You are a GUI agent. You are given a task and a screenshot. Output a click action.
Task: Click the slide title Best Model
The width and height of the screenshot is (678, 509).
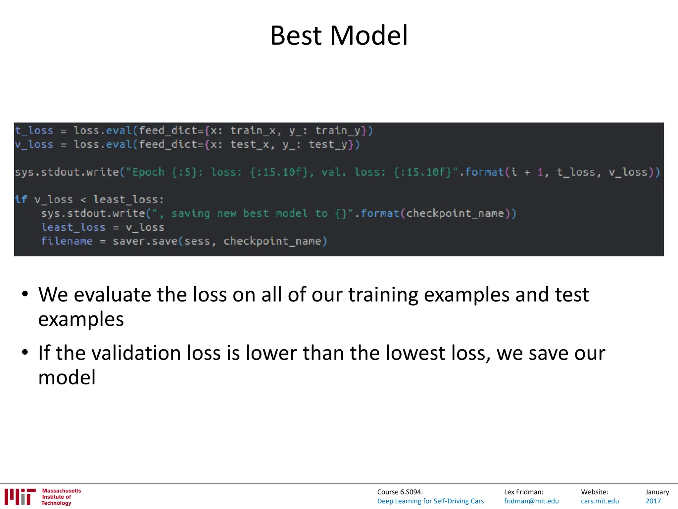(x=339, y=35)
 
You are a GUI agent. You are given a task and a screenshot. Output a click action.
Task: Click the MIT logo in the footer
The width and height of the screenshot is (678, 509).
(x=20, y=497)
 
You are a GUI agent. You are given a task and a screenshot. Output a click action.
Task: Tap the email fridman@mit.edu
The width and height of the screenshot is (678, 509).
(x=531, y=501)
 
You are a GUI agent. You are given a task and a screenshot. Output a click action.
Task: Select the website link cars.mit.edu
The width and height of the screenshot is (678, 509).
(x=600, y=501)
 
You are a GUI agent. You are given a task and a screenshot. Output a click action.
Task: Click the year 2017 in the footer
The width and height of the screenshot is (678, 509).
(x=653, y=501)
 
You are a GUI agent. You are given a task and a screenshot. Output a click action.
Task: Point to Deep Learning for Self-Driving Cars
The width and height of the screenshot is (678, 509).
(x=430, y=501)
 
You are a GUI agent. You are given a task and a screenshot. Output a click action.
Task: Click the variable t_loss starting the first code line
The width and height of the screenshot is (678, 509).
(x=34, y=131)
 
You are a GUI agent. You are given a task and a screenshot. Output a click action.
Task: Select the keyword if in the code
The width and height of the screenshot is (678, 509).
(x=21, y=199)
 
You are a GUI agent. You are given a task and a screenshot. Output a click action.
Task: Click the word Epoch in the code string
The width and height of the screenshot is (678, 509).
(x=148, y=172)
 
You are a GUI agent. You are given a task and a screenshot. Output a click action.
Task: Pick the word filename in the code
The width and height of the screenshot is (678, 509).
(x=67, y=241)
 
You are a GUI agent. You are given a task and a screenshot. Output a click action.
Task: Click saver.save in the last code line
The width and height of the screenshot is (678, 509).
(x=145, y=241)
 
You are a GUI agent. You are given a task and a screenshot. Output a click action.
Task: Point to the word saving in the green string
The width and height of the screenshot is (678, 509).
(x=191, y=214)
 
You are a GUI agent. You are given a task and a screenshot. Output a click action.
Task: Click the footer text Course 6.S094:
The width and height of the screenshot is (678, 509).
(x=400, y=492)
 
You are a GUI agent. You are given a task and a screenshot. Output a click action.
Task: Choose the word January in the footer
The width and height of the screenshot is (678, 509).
(x=657, y=492)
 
